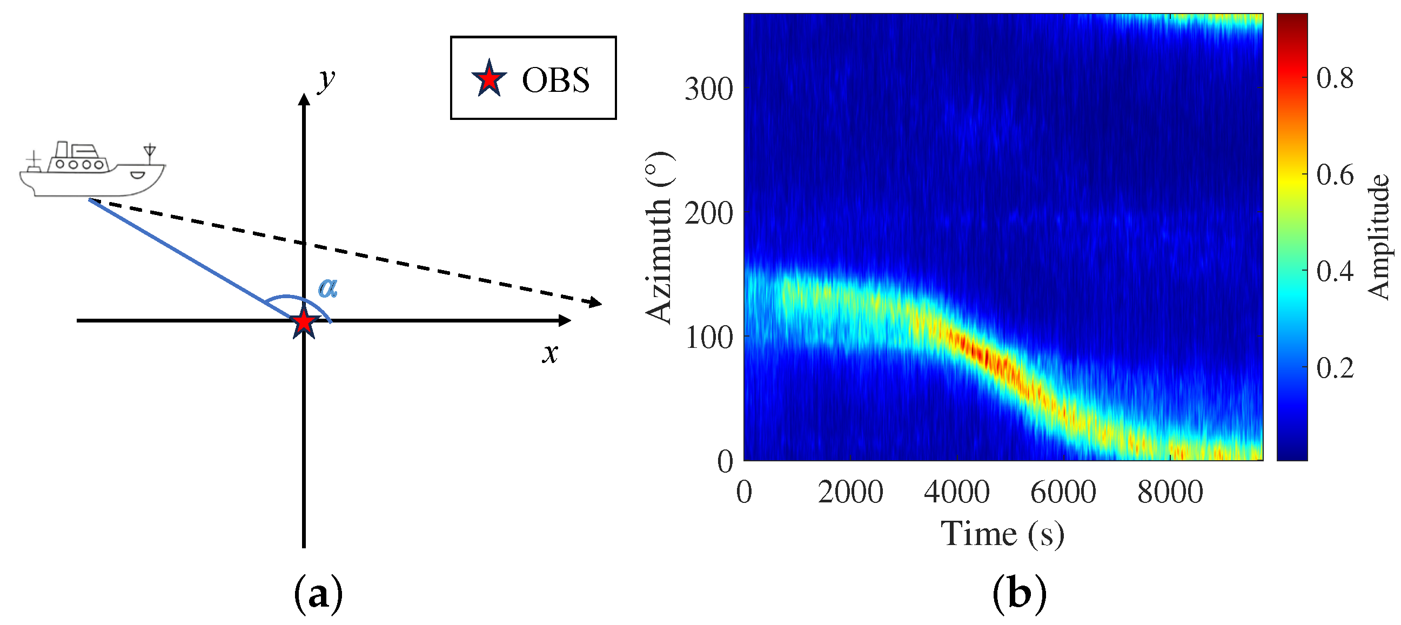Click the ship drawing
[91, 170]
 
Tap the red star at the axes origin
[304, 322]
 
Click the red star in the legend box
[489, 79]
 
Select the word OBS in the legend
[555, 80]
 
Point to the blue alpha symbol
[328, 287]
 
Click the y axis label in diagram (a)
[326, 80]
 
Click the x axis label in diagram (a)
[550, 354]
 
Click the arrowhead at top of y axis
[304, 99]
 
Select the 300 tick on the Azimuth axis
[709, 89]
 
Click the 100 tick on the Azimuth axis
[709, 337]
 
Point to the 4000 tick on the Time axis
[956, 492]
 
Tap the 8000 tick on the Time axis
[1170, 492]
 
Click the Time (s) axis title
[1002, 534]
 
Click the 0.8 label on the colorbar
[1335, 78]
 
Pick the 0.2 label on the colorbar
[1335, 368]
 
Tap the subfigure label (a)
[318, 595]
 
